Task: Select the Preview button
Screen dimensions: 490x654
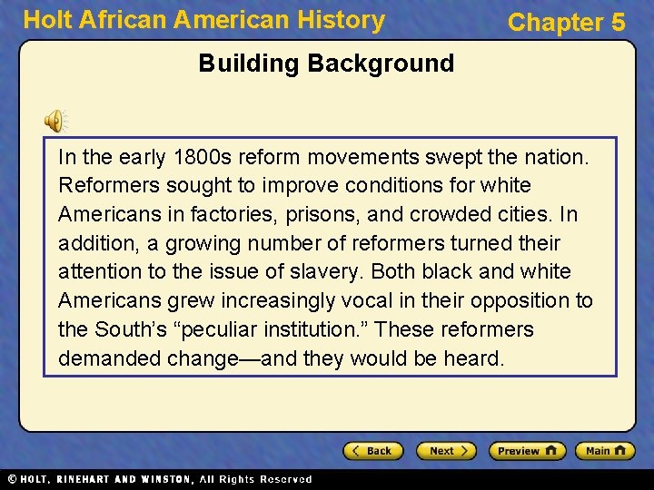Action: (527, 451)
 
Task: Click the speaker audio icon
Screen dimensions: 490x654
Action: (54, 120)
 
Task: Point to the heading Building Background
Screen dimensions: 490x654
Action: (326, 64)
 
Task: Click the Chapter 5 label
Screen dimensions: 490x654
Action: (566, 22)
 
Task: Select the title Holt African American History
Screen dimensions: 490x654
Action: (203, 20)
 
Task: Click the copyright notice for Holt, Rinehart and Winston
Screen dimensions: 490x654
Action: (159, 479)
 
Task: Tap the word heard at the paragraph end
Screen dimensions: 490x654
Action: (472, 358)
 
